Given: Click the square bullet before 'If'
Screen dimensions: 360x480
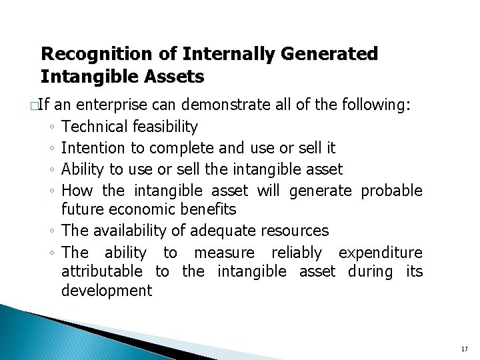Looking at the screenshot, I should pos(33,105).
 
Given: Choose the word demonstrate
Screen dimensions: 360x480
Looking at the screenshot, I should pos(223,105).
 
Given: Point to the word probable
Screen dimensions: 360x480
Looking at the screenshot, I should pos(391,191).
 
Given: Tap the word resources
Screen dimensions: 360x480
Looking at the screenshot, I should pos(295,231).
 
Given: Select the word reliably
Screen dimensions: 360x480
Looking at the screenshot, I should pos(297,253).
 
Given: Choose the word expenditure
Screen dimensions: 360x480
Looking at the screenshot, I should pos(380,253).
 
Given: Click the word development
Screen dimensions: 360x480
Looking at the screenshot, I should pos(107,290).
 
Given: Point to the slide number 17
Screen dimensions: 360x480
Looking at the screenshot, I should pos(464,349).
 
